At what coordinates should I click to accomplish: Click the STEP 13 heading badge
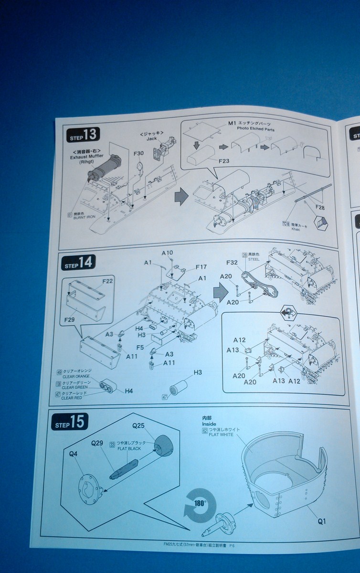click(83, 135)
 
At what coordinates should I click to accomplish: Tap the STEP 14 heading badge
click(79, 262)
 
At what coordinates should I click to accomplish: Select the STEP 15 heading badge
click(70, 422)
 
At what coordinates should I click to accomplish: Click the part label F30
click(138, 153)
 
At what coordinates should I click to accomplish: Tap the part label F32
click(233, 262)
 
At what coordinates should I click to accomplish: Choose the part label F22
click(107, 281)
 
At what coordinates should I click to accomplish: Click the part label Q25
click(138, 424)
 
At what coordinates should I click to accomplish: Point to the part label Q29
click(97, 443)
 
